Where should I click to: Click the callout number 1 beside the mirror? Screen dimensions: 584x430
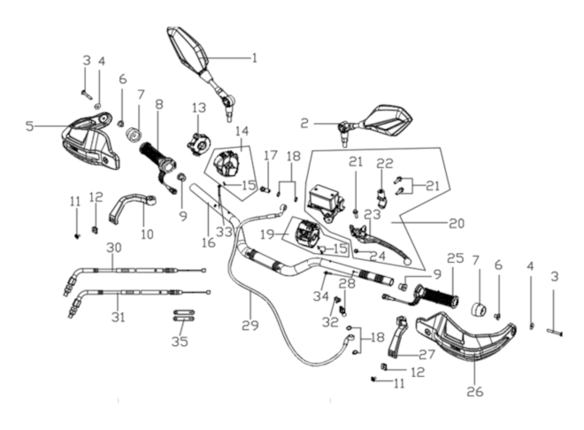point(254,58)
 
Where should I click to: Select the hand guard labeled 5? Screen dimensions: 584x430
point(90,142)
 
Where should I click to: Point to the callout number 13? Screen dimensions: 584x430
point(199,108)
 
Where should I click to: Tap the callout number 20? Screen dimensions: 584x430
point(457,223)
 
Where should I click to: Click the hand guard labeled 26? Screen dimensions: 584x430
point(465,337)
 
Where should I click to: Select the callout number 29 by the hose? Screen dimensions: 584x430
point(250,326)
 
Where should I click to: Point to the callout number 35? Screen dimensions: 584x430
point(180,342)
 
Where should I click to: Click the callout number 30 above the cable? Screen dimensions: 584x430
point(114,247)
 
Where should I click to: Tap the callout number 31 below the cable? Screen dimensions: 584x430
point(118,318)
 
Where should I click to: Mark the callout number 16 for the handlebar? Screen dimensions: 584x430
point(209,242)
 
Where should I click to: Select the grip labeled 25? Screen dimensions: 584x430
point(439,296)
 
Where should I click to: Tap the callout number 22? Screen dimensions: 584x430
point(385,163)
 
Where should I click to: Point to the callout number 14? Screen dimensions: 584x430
point(242,131)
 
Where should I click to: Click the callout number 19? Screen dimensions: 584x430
point(268,234)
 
